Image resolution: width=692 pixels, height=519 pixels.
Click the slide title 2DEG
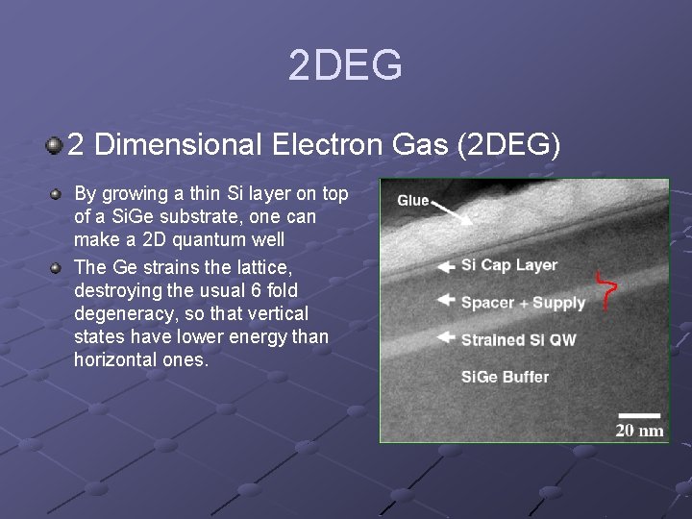(x=345, y=66)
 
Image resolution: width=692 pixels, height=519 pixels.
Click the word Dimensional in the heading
(x=179, y=145)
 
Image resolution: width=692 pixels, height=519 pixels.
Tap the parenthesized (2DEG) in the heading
(x=509, y=145)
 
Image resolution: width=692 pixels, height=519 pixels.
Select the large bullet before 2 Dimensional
(x=54, y=146)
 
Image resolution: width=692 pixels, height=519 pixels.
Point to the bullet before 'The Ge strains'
(x=57, y=267)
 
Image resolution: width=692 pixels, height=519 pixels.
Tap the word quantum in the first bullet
(x=212, y=240)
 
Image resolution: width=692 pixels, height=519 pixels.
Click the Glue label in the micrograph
(x=413, y=200)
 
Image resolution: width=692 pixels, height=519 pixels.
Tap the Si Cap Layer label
(x=508, y=265)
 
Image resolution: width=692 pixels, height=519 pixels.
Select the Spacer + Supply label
(x=522, y=303)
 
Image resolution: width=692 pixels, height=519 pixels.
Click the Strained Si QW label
(x=518, y=339)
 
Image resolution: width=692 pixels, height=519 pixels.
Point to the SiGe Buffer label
(x=505, y=377)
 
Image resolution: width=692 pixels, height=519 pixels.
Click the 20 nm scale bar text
(x=639, y=430)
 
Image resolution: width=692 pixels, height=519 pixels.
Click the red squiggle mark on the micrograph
(x=605, y=289)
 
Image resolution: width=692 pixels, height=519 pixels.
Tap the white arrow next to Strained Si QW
(x=445, y=337)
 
